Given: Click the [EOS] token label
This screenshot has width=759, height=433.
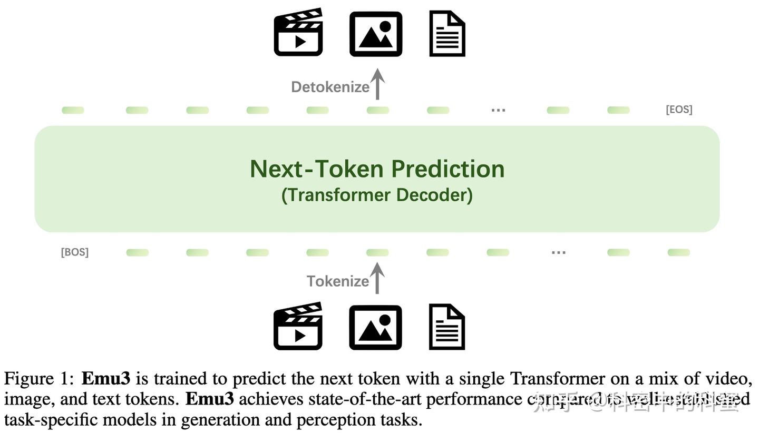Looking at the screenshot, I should pos(679,110).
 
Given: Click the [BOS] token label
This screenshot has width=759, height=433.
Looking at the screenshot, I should pos(75,252).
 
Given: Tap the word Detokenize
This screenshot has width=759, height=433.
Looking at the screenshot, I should pos(330,87).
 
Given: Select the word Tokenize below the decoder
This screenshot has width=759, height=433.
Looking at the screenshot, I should pos(338,281).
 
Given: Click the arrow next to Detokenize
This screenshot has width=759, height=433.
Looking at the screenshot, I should pos(377,84).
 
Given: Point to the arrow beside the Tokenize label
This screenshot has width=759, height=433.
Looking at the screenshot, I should pos(377,278).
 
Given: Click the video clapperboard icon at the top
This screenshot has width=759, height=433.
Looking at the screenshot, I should pos(298,33).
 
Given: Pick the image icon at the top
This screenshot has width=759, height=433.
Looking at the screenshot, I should pos(376,34).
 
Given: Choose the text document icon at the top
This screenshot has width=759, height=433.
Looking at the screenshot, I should pos(447,34).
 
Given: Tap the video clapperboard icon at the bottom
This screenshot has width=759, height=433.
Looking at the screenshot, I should pos(298,327).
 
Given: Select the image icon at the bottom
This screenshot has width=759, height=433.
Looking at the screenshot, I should pos(375,328).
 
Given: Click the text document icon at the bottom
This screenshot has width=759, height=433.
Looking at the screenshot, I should pos(447,327).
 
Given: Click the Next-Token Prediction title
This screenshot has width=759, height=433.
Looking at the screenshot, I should pos(377,169).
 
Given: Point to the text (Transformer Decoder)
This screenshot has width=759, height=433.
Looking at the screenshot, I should pos(377,195).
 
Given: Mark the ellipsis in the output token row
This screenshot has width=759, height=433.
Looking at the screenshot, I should pos(498,110).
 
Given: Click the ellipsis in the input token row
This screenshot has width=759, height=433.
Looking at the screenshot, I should pos(558,253).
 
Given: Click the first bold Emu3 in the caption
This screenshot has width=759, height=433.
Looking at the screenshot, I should pos(105,379).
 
